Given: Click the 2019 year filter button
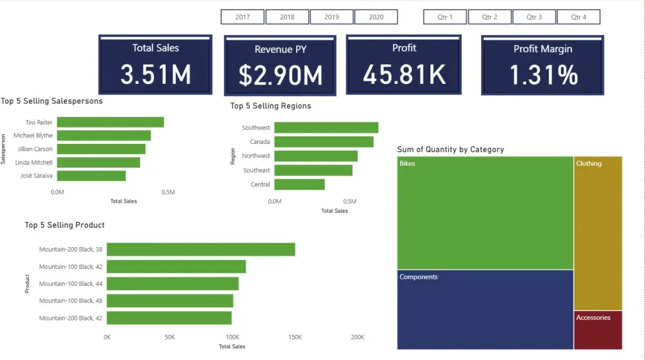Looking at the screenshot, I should click(332, 17).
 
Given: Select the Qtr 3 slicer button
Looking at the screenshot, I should click(533, 17).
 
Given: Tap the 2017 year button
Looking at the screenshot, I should click(243, 17).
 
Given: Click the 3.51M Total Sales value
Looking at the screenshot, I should click(155, 75).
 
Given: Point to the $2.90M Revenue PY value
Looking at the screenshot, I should click(281, 76).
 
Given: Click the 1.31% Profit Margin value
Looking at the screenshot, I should click(543, 75).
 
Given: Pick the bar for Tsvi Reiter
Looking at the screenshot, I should click(110, 122).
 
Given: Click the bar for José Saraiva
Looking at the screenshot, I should click(91, 175).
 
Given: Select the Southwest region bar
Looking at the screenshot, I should click(326, 128).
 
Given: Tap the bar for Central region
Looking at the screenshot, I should click(299, 185).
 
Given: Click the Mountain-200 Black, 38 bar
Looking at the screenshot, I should click(201, 249).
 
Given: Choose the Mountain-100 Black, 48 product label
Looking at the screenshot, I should click(70, 301).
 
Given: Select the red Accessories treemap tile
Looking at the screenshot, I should click(598, 330).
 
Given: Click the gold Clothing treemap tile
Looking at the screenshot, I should click(598, 232).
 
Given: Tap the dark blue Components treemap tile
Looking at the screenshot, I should click(485, 309).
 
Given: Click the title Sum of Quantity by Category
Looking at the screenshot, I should click(450, 150).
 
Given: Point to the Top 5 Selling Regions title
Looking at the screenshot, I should click(270, 106).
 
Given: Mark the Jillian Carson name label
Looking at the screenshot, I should click(34, 149).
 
